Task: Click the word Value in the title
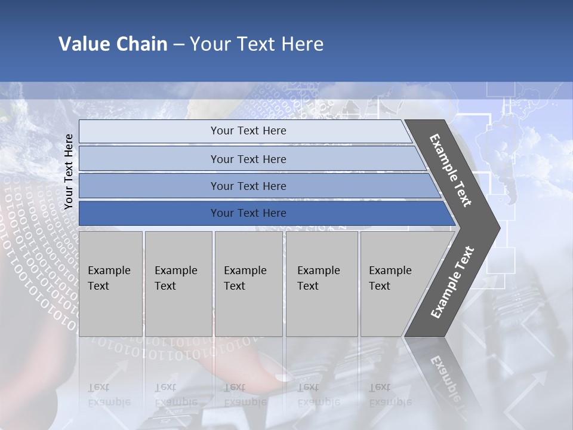pyautogui.click(x=83, y=44)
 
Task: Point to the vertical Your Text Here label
pyautogui.click(x=69, y=171)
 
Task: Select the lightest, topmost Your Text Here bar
pyautogui.click(x=248, y=131)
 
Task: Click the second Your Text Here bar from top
pyautogui.click(x=248, y=159)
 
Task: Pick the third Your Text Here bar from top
pyautogui.click(x=248, y=186)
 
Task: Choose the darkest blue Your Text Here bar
pyautogui.click(x=248, y=213)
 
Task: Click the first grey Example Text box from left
pyautogui.click(x=110, y=284)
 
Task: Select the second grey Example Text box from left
pyautogui.click(x=178, y=284)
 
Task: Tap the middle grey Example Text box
pyautogui.click(x=248, y=284)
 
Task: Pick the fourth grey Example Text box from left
pyautogui.click(x=321, y=284)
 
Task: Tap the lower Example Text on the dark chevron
pyautogui.click(x=452, y=282)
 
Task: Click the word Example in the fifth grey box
pyautogui.click(x=390, y=271)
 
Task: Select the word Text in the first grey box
pyautogui.click(x=98, y=286)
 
